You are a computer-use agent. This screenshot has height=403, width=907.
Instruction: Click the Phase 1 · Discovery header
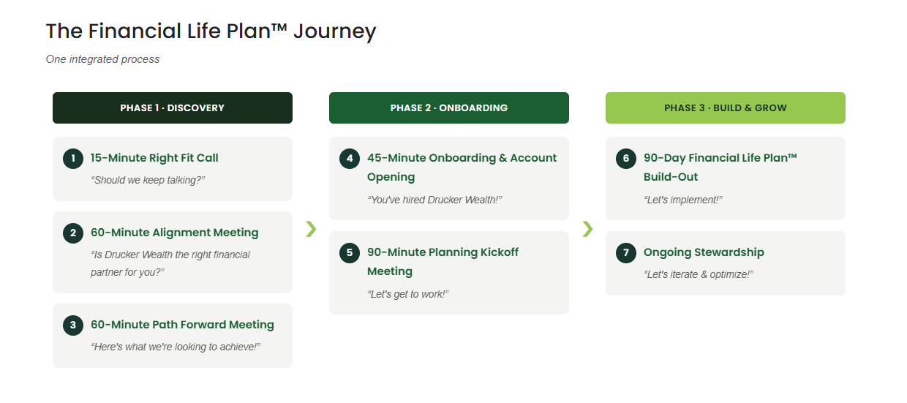click(x=173, y=108)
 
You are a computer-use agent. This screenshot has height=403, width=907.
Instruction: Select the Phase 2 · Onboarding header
click(x=449, y=108)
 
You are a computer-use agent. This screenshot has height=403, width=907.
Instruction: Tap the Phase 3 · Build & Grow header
click(x=726, y=108)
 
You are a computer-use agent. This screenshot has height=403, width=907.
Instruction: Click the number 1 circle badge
click(x=73, y=159)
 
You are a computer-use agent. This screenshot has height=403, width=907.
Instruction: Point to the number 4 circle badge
click(x=350, y=159)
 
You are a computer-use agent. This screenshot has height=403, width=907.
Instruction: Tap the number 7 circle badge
click(x=626, y=253)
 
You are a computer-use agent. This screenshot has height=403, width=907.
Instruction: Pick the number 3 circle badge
click(x=73, y=325)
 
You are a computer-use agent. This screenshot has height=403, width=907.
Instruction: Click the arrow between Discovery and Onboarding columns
click(x=311, y=229)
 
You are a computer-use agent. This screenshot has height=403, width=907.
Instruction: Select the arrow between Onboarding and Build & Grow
click(x=587, y=229)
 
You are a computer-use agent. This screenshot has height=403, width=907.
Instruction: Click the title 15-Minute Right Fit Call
click(x=154, y=158)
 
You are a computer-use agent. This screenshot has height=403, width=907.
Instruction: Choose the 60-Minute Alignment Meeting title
click(x=175, y=233)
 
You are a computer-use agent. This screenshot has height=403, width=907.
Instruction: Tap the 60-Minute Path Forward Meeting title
click(x=182, y=325)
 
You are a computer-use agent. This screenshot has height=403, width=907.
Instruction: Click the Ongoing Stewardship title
click(x=704, y=252)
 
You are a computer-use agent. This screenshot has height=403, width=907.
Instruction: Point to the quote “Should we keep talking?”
click(x=148, y=180)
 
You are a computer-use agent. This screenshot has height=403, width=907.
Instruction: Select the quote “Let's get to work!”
click(x=408, y=294)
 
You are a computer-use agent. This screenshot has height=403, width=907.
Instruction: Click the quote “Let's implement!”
click(x=683, y=200)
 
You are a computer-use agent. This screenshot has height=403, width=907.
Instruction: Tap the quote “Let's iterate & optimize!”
click(x=699, y=274)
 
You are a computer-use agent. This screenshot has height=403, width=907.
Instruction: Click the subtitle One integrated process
click(x=103, y=59)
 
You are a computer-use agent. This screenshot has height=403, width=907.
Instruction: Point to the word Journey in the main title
click(x=335, y=31)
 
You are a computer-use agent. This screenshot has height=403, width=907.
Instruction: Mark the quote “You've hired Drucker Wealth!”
click(x=434, y=200)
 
